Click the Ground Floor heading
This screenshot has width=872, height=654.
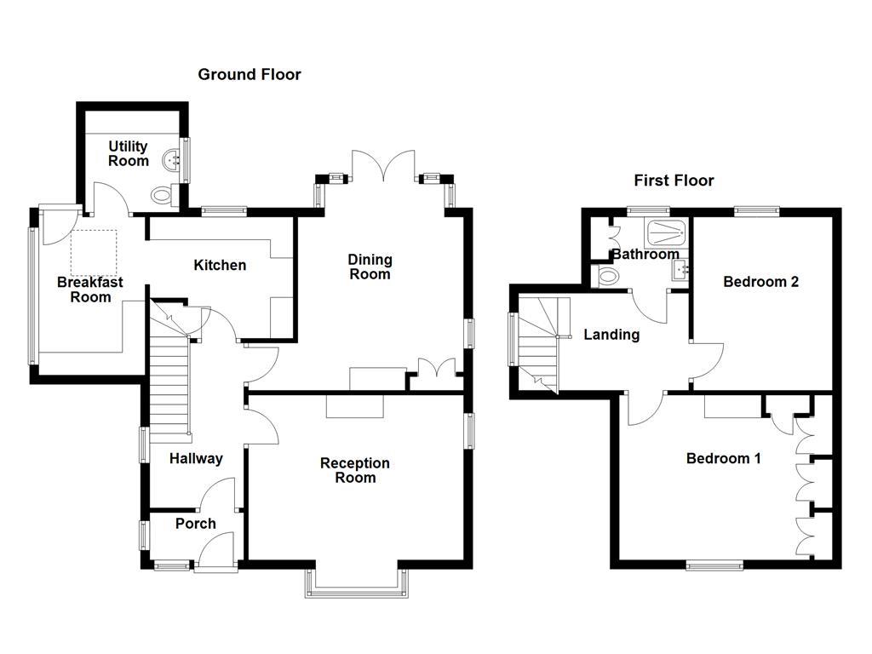pos(250,75)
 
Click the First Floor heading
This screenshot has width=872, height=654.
pos(674,181)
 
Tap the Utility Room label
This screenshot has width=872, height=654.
pos(128,154)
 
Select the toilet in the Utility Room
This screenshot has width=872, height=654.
pos(162,195)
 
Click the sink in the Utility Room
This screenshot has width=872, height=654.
pos(174,158)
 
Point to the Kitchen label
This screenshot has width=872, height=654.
pos(220,266)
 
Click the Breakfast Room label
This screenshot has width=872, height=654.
pos(90,290)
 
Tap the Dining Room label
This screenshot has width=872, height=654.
pos(370,267)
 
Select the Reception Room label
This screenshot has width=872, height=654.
pos(355,470)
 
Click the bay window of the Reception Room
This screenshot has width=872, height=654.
pos(357,588)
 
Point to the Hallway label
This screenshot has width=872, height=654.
pos(196,459)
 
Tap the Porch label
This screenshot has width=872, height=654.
pos(196,524)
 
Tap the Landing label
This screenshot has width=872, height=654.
pos(611,335)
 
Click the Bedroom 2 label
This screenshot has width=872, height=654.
pos(760,282)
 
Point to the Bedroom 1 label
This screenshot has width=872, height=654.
pos(724,459)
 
